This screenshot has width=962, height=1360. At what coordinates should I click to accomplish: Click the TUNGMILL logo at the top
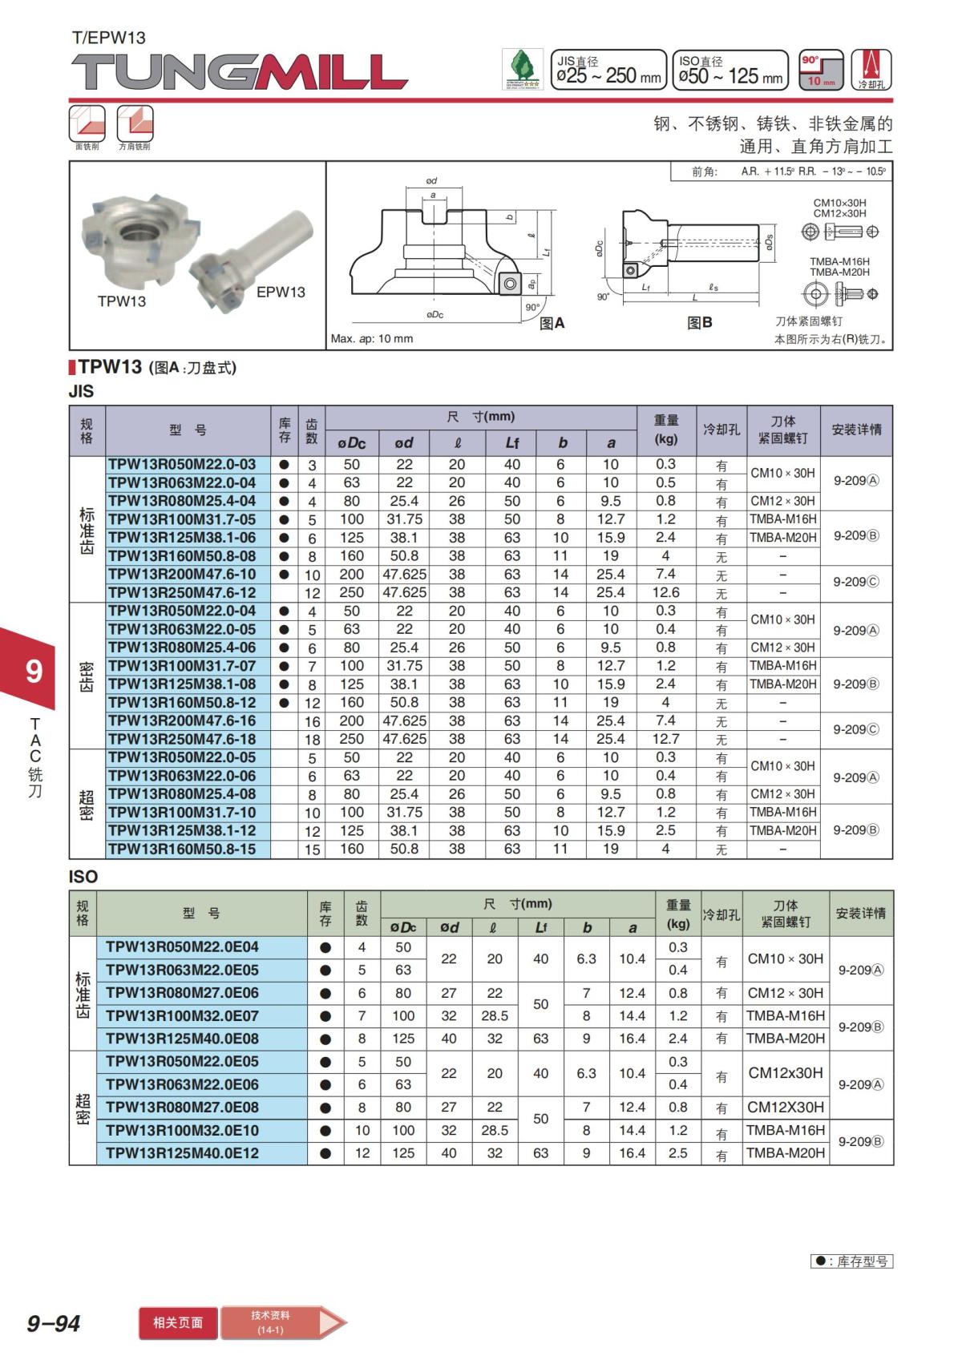[x=239, y=72]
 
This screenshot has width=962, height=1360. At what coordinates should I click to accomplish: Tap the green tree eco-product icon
[x=522, y=70]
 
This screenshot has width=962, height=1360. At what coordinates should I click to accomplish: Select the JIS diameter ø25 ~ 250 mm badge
[x=608, y=70]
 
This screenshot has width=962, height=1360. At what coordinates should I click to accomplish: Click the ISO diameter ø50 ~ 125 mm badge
[x=730, y=70]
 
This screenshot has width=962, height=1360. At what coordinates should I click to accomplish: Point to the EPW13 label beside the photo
[x=281, y=293]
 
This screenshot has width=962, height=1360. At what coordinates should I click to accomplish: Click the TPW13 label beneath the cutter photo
[x=122, y=301]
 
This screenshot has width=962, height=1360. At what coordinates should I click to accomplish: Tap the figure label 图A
[x=552, y=323]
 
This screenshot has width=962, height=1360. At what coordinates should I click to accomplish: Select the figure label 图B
[x=699, y=323]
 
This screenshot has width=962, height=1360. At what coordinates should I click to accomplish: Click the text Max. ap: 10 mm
[x=372, y=339]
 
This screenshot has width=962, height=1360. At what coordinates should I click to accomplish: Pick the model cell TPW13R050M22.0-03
[x=182, y=465]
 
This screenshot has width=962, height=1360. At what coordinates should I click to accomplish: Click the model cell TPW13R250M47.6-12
[x=182, y=593]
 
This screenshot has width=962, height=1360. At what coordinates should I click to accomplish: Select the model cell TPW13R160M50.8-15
[x=182, y=849]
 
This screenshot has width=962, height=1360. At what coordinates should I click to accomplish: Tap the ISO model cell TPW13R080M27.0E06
[x=182, y=993]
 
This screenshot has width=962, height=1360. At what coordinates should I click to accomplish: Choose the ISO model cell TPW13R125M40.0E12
[x=182, y=1153]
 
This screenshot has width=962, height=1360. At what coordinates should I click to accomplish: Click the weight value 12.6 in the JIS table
[x=665, y=593]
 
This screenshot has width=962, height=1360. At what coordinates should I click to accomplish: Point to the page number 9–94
[x=54, y=1323]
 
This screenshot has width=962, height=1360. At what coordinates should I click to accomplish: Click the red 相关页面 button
[x=178, y=1323]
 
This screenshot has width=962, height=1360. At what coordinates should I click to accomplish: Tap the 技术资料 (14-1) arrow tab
[x=281, y=1323]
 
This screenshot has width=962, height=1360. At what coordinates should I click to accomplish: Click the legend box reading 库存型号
[x=851, y=1261]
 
